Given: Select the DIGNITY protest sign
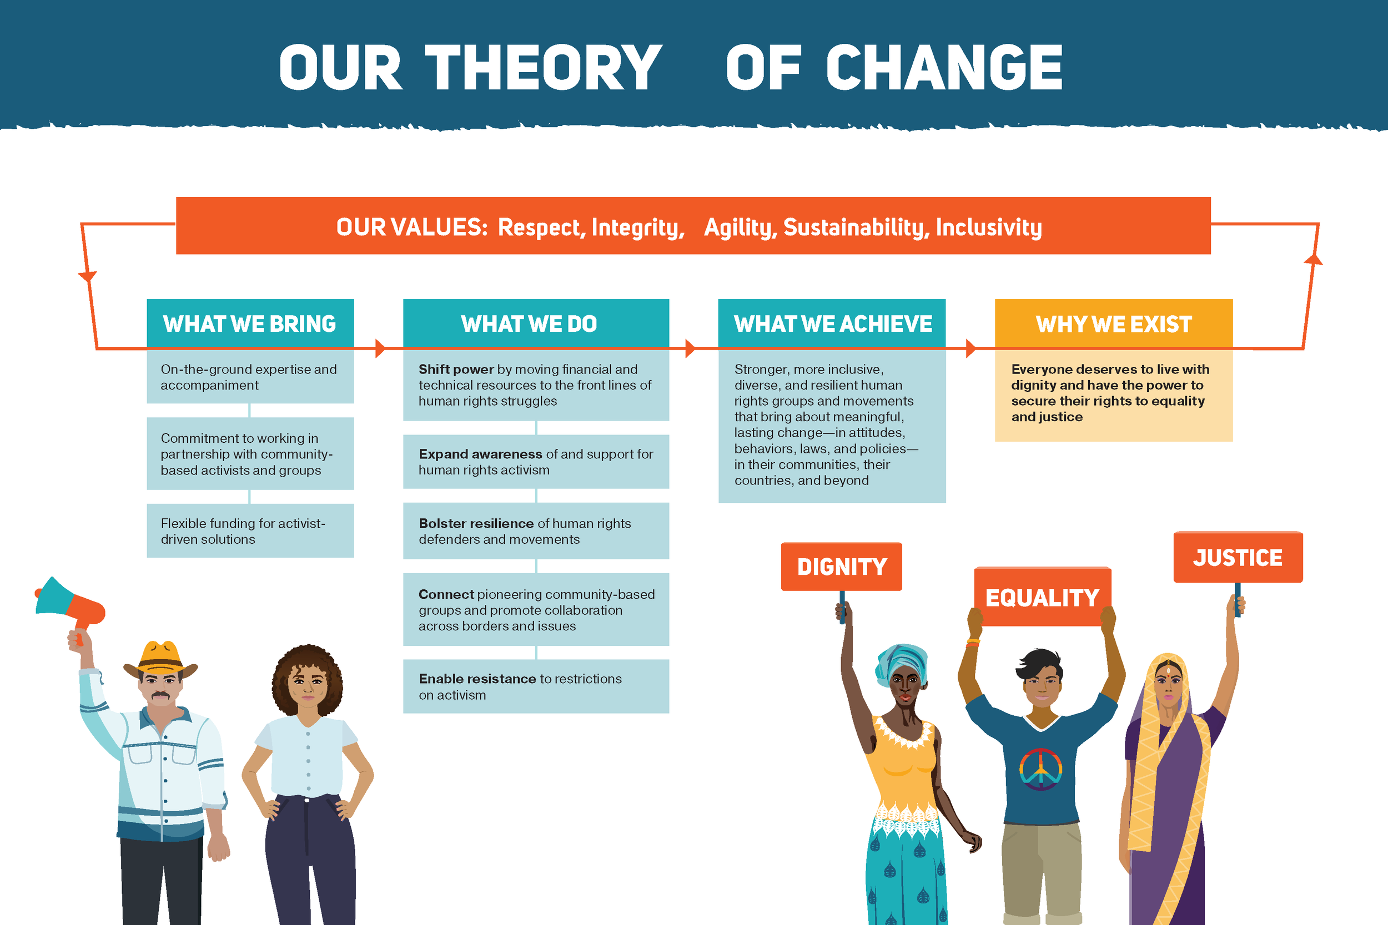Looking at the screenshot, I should pyautogui.click(x=842, y=567).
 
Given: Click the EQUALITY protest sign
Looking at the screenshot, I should pyautogui.click(x=1042, y=597).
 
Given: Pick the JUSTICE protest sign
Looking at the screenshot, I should pyautogui.click(x=1238, y=558).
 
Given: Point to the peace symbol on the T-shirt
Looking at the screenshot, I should pyautogui.click(x=1040, y=769).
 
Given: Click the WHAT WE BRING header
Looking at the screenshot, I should pyautogui.click(x=250, y=324).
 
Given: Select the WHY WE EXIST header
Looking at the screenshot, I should pyautogui.click(x=1114, y=324).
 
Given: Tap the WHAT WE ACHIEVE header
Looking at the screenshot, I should pyautogui.click(x=832, y=324).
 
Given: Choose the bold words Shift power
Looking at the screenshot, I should pyautogui.click(x=456, y=370).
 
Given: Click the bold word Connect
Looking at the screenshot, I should pyautogui.click(x=446, y=594).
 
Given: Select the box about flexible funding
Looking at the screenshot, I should pyautogui.click(x=250, y=531).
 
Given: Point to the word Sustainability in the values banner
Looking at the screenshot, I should pyautogui.click(x=856, y=227).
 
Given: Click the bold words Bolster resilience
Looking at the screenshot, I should pyautogui.click(x=476, y=523).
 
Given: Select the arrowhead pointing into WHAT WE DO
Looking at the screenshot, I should pyautogui.click(x=381, y=348).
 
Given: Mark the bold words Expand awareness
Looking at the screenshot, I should pyautogui.click(x=480, y=454).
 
